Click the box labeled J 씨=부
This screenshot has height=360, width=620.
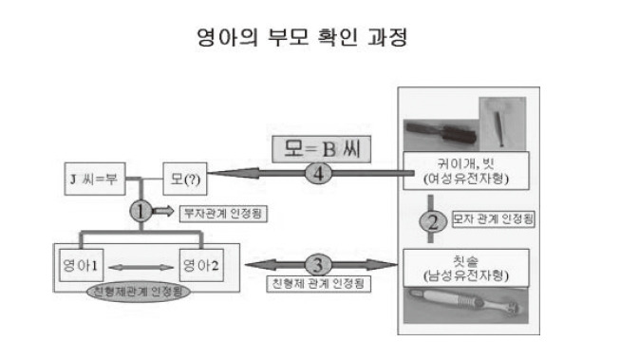92,177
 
